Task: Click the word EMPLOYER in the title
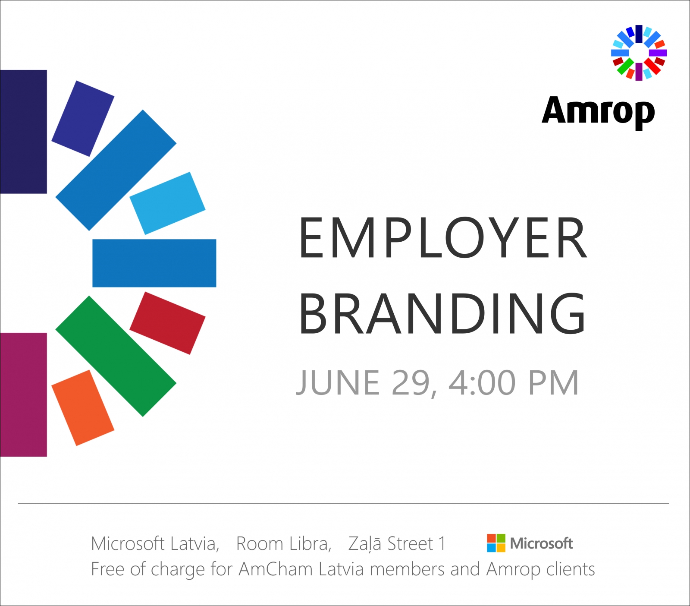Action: (443, 238)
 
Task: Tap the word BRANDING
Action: (442, 313)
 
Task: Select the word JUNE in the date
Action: (338, 383)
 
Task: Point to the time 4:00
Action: (482, 383)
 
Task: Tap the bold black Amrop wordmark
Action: (598, 111)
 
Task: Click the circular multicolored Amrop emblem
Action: (639, 53)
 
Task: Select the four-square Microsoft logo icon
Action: (496, 543)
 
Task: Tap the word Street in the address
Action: (410, 543)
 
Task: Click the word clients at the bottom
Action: (571, 569)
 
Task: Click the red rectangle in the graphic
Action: (167, 323)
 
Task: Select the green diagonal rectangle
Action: (116, 356)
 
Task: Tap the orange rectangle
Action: (83, 408)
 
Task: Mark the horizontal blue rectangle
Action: (154, 263)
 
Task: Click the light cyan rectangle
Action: (167, 203)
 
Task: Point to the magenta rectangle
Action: (23, 395)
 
